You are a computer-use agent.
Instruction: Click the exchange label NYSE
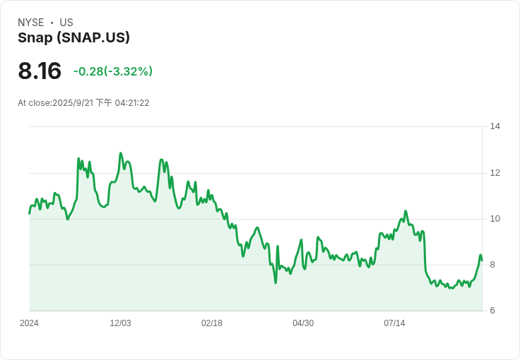[31, 23]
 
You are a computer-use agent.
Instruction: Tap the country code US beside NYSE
[66, 23]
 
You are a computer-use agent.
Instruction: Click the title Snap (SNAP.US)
[73, 37]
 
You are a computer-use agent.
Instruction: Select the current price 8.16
[40, 71]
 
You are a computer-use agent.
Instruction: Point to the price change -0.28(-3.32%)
[113, 71]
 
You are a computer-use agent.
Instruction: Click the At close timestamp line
[83, 103]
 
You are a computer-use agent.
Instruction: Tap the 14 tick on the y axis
[495, 126]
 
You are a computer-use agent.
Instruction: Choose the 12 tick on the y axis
[495, 173]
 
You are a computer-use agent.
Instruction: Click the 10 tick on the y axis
[495, 219]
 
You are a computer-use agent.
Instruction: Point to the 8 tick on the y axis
[492, 265]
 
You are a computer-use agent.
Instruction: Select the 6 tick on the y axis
[492, 311]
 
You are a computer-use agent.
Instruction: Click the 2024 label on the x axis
[29, 323]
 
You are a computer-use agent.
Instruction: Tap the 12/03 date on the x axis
[120, 323]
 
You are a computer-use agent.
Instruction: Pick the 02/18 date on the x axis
[212, 323]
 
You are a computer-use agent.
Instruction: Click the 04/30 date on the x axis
[303, 323]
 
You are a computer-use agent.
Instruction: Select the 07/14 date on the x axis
[394, 323]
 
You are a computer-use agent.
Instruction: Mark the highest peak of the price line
[120, 153]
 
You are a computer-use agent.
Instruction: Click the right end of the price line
[482, 260]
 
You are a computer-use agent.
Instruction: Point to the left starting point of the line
[29, 214]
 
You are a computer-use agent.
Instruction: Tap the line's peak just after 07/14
[406, 211]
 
